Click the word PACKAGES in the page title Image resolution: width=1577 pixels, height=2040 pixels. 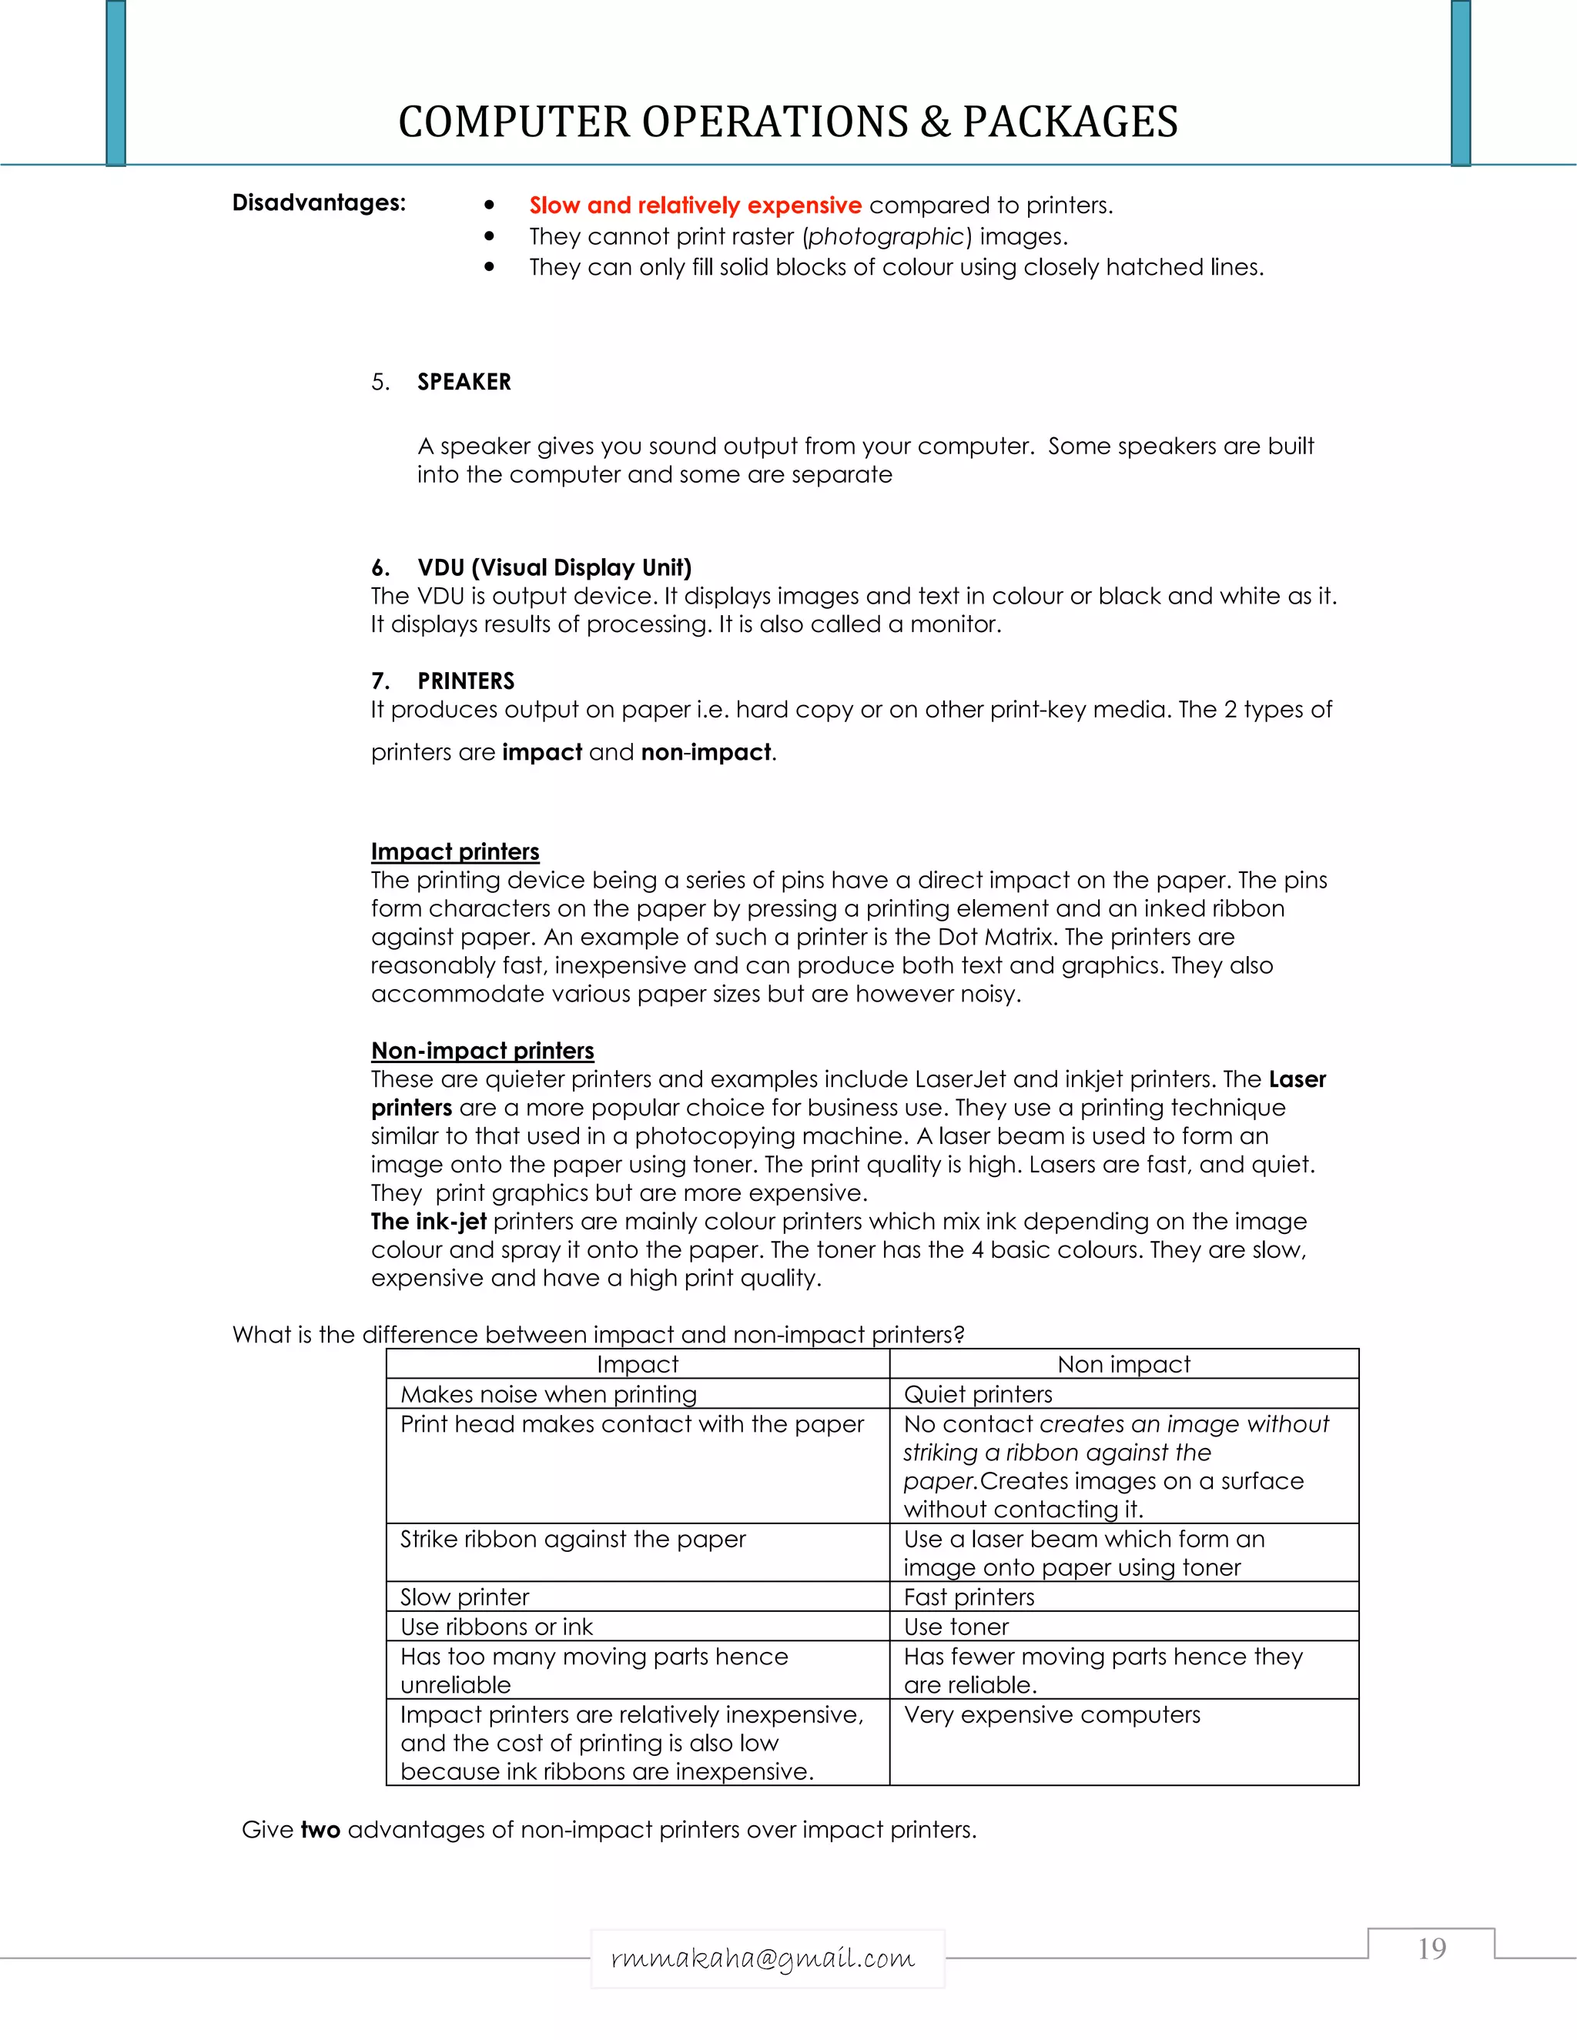1070,122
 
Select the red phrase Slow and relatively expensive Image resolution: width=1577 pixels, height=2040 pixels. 695,206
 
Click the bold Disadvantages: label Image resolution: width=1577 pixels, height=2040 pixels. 319,202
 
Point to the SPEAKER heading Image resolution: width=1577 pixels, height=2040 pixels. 464,382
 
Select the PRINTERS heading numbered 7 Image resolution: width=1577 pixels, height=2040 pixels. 465,681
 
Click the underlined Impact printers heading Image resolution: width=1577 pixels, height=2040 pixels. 455,852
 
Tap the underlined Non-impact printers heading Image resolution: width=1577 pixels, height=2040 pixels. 482,1051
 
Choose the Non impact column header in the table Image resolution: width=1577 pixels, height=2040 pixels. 1124,1365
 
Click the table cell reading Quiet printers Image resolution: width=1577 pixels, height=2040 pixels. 977,1395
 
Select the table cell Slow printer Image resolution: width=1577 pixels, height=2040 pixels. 464,1597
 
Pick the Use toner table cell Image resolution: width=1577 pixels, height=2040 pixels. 956,1627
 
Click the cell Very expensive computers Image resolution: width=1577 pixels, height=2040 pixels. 1052,1715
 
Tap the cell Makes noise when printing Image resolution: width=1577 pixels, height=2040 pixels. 548,1395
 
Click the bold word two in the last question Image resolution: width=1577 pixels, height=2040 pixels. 320,1830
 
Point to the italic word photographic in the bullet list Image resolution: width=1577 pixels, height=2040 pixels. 886,236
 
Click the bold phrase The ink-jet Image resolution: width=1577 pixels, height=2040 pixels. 428,1222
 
